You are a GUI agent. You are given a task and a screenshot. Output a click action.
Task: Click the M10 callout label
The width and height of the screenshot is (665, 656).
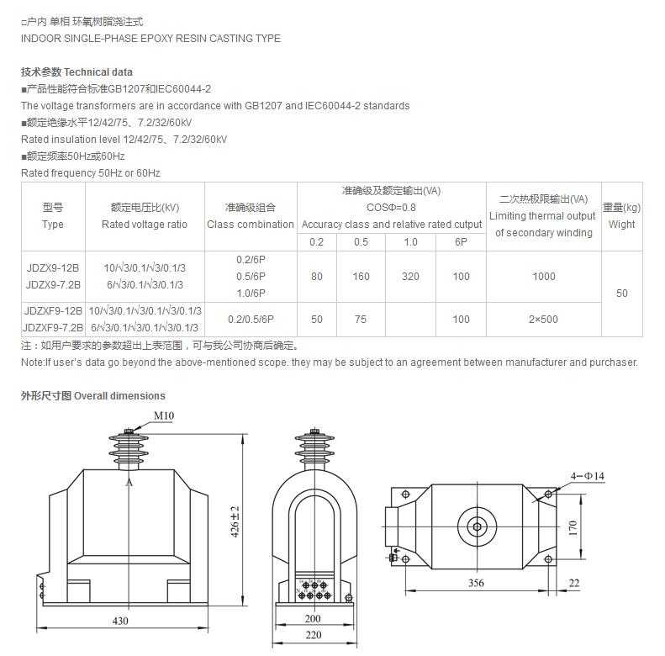tap(164, 415)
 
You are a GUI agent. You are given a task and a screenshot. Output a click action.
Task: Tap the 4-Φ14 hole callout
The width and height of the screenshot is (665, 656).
tap(588, 476)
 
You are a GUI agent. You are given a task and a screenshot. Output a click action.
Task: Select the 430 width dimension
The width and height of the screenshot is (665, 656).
tap(120, 621)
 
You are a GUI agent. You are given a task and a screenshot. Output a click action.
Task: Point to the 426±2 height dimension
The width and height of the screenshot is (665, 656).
tap(235, 522)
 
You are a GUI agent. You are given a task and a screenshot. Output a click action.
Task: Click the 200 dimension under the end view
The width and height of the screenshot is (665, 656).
tap(313, 619)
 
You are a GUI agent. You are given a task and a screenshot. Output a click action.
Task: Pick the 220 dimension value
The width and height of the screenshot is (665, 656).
tap(314, 635)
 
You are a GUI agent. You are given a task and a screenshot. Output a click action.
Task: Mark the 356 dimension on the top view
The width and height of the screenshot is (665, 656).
tap(476, 583)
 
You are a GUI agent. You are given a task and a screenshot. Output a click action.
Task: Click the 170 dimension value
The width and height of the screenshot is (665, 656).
tap(573, 527)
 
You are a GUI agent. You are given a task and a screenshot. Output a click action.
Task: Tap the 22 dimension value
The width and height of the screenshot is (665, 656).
tap(574, 583)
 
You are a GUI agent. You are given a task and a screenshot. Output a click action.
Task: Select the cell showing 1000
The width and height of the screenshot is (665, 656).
tap(544, 277)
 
